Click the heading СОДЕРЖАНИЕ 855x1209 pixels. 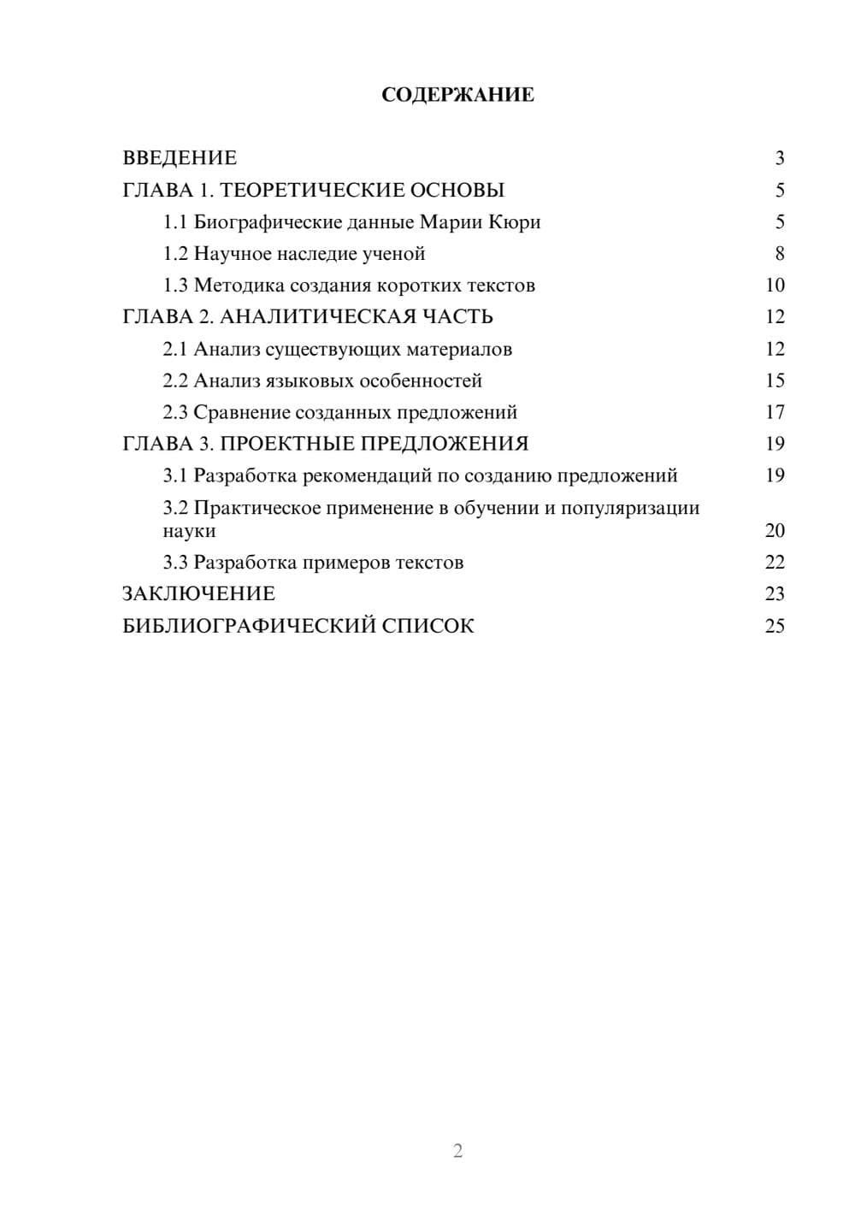pos(457,95)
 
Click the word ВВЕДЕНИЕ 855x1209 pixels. pos(180,158)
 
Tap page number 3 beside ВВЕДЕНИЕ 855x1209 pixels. pos(780,158)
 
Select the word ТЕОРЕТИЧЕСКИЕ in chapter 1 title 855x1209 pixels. pos(310,190)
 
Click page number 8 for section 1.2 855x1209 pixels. pos(780,254)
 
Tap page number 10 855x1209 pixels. pos(775,286)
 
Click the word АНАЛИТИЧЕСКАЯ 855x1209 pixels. pos(317,317)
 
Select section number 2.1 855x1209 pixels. pos(175,349)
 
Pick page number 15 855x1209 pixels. pos(775,380)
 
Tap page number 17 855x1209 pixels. pos(775,412)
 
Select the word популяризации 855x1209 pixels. pos(630,508)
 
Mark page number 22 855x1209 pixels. pos(775,563)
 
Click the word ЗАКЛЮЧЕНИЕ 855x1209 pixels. pos(199,594)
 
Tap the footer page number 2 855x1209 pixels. pos(457,1151)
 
